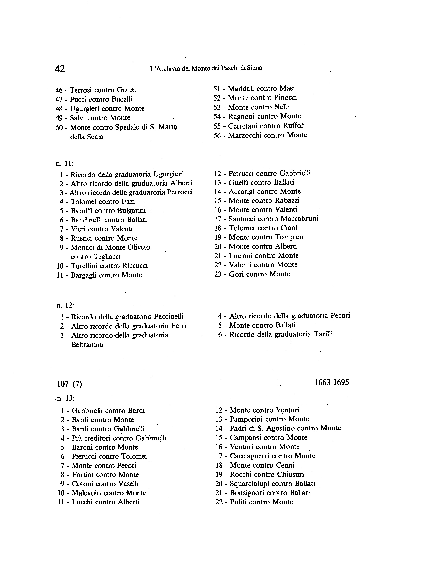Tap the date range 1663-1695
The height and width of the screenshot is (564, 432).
332,383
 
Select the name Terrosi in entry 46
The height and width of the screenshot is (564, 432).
81,90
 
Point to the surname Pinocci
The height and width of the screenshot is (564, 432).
286,97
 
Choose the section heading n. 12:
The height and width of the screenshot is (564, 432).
65,305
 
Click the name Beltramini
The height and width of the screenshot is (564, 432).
87,344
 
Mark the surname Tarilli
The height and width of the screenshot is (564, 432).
323,334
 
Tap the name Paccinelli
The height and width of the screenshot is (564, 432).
169,316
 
